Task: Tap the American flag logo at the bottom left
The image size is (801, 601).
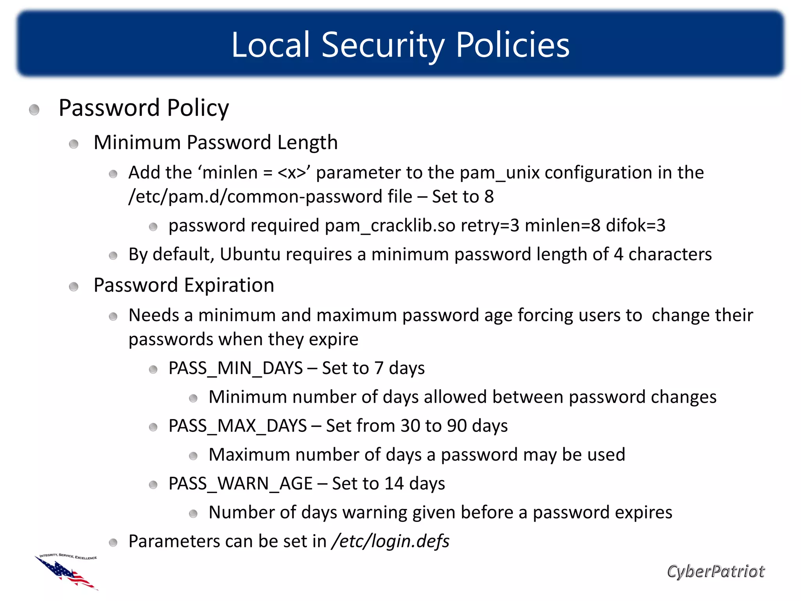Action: (66, 572)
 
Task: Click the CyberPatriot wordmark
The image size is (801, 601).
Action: (715, 571)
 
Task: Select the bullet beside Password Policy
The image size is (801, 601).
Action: (34, 110)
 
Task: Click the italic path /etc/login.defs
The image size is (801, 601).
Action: (390, 542)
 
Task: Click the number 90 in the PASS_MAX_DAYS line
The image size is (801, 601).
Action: (457, 426)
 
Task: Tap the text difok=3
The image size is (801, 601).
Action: (636, 226)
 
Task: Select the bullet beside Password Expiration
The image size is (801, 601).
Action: (74, 287)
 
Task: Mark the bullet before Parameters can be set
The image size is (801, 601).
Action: (113, 542)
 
